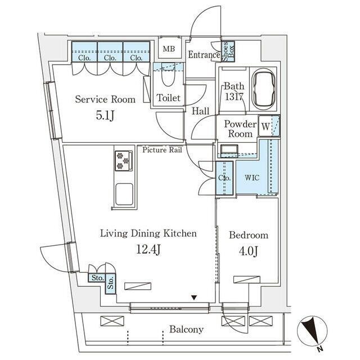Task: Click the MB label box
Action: [x=169, y=49]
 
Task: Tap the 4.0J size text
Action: [x=247, y=250]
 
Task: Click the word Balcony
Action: [x=186, y=330]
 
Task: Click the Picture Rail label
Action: [x=162, y=150]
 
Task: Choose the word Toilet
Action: [x=168, y=98]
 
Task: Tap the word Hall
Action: [x=200, y=111]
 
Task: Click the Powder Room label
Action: [x=240, y=129]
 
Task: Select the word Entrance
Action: [x=204, y=55]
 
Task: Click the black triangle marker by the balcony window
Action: [x=194, y=298]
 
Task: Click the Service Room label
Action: [x=105, y=100]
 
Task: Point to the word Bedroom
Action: [x=248, y=235]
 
